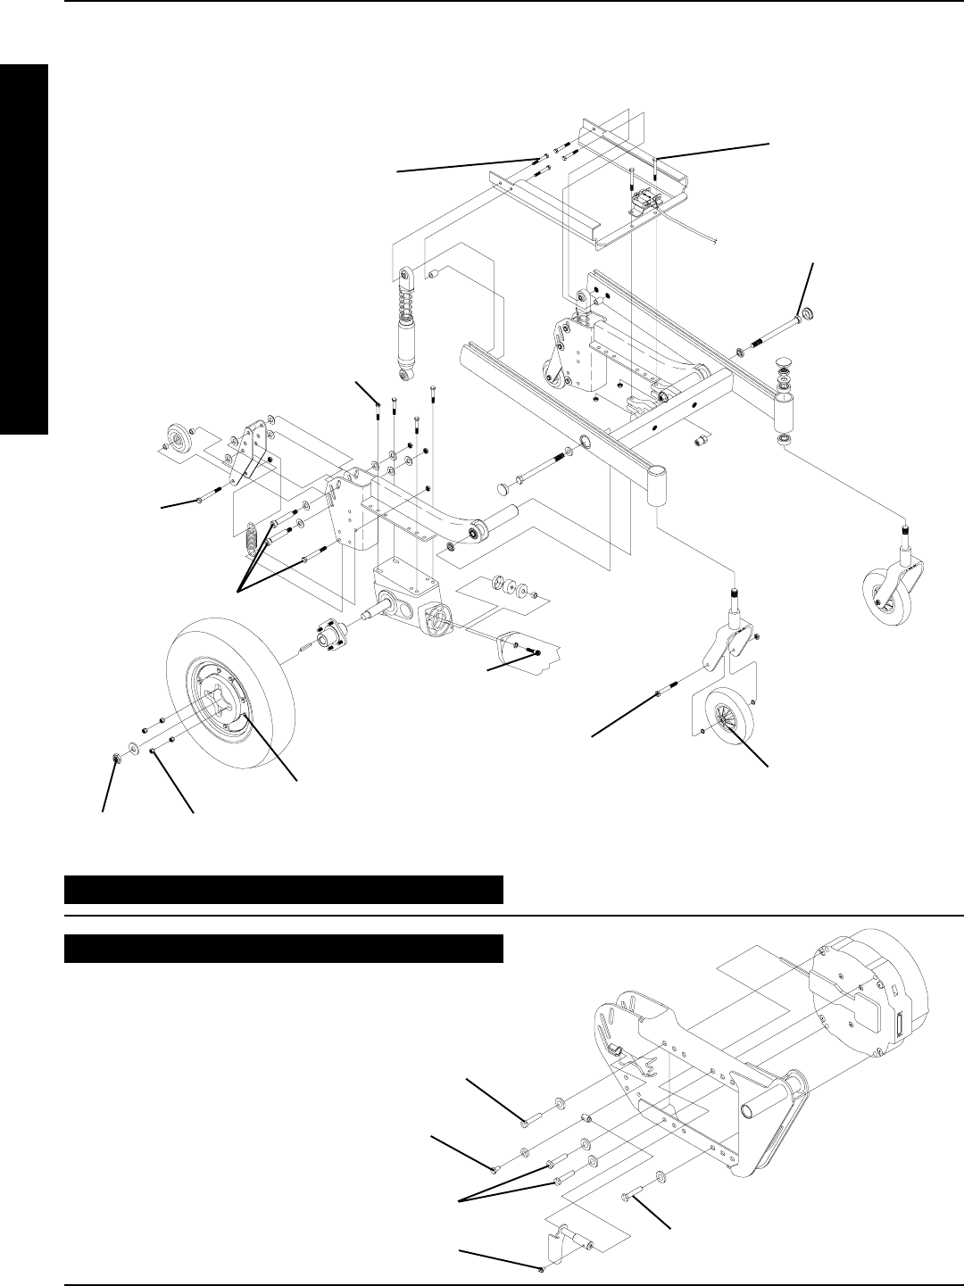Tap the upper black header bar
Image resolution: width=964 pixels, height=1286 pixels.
click(284, 890)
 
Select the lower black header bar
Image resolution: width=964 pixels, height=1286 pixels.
click(284, 949)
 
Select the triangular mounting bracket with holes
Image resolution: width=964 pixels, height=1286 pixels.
click(250, 455)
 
